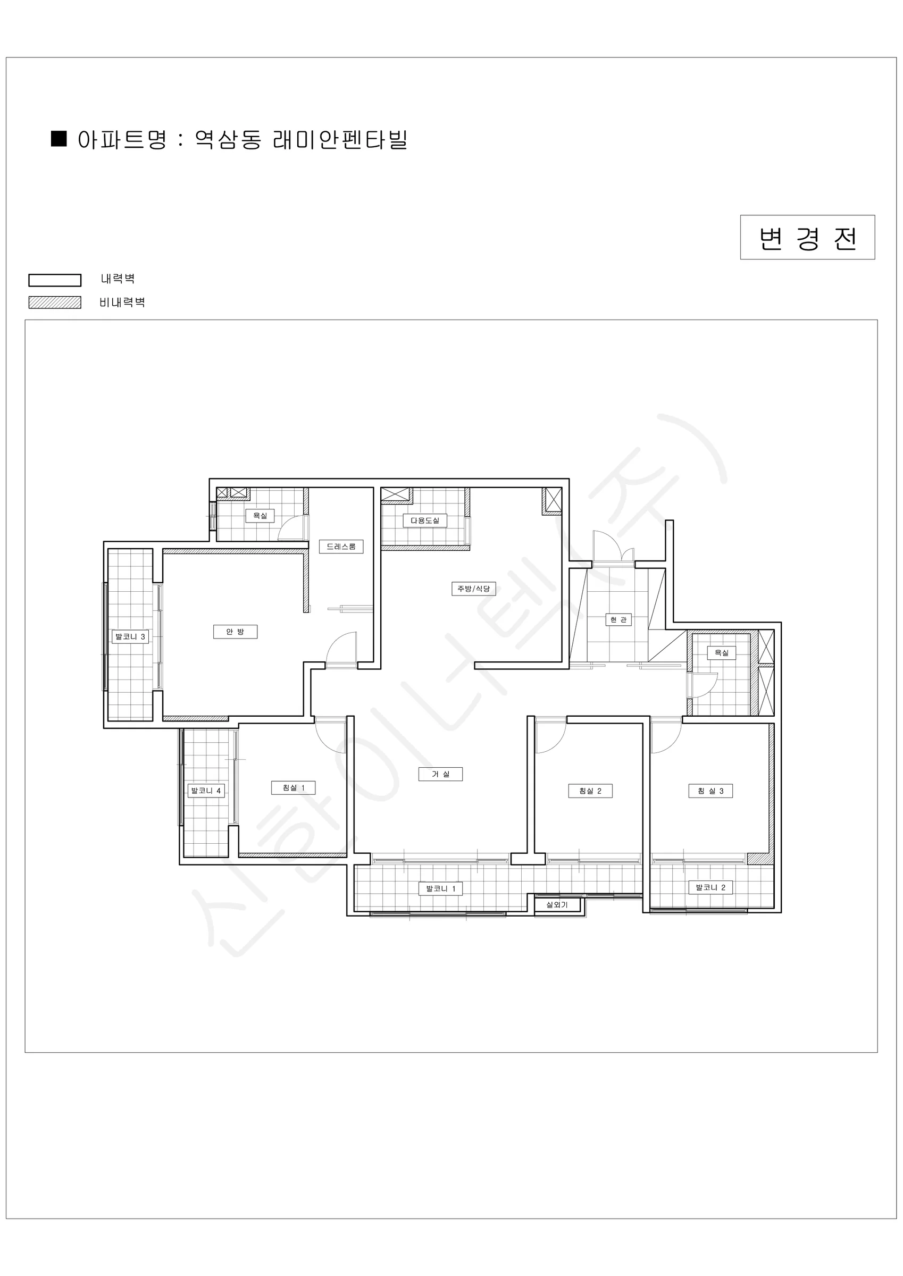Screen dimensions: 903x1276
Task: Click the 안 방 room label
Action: tap(235, 632)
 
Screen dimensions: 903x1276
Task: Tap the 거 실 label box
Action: tap(440, 774)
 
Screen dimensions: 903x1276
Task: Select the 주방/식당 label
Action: tap(474, 589)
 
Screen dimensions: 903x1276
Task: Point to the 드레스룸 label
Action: tap(341, 547)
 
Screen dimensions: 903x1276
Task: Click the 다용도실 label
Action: tap(425, 521)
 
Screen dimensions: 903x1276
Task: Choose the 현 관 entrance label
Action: tap(618, 620)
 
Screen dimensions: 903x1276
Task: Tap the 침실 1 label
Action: tap(294, 787)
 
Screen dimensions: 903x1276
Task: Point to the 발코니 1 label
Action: tap(441, 888)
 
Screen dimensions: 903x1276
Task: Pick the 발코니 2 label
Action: tap(710, 887)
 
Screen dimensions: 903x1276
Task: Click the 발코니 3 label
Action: tap(130, 636)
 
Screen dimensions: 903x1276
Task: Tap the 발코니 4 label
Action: tap(206, 790)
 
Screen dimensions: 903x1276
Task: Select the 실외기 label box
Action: tap(557, 905)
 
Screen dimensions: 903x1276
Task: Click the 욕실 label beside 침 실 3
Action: tap(722, 653)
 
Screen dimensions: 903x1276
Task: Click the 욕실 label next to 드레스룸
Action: tap(260, 516)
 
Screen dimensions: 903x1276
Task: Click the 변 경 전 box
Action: tap(807, 237)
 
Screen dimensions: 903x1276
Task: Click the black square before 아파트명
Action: tap(59, 139)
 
